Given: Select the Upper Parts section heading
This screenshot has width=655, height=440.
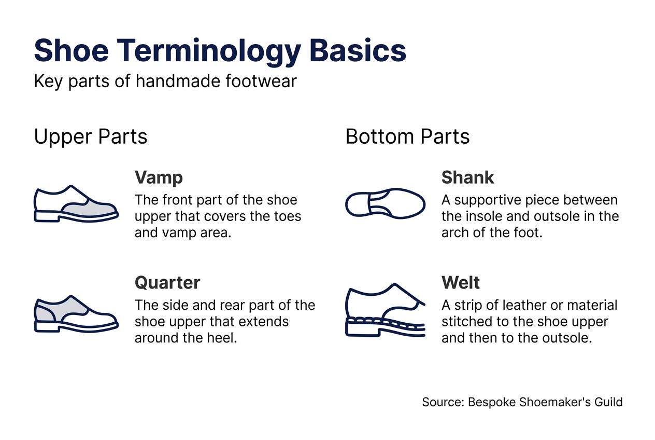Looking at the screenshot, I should coord(91,137).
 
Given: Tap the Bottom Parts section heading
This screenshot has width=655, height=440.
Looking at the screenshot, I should coord(407,137).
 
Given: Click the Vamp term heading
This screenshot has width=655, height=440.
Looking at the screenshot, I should coord(159,177).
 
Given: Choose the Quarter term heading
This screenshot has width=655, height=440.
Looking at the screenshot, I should coord(167,283).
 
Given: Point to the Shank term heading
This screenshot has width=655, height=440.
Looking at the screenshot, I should coord(467,177).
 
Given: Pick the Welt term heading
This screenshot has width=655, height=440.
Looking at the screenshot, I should coord(461,283).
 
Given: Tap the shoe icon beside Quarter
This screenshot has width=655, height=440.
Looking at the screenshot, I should coord(76,313).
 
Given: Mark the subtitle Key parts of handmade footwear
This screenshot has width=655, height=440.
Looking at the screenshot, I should coord(165,81).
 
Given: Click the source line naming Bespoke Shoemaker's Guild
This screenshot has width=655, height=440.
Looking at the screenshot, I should coord(522,402).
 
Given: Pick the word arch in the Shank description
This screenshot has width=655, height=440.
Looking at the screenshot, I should coord(454,233).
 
